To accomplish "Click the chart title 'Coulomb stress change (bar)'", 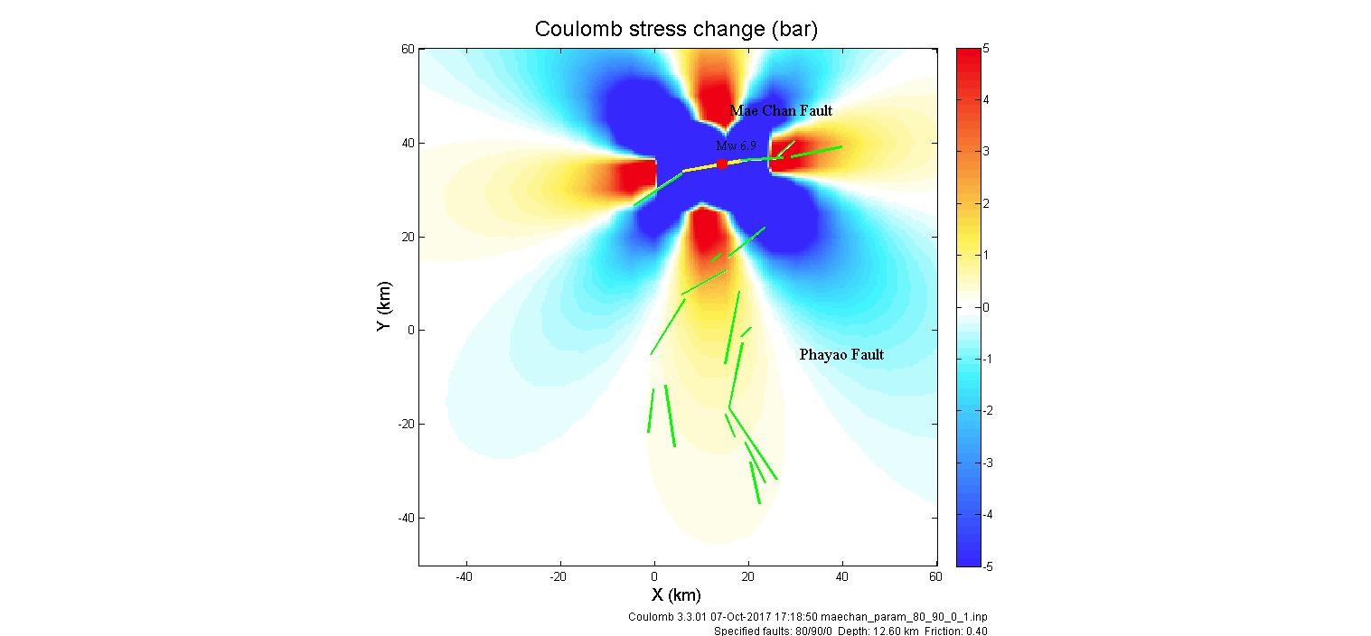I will tap(676, 29).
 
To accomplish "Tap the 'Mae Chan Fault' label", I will tap(781, 110).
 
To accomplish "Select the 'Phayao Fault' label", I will tap(841, 355).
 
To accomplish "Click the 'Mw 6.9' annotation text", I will tap(736, 145).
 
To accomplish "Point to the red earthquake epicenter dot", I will tap(722, 164).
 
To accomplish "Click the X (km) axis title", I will tap(676, 595).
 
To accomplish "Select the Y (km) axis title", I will tap(383, 308).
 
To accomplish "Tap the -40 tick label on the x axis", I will tap(465, 575).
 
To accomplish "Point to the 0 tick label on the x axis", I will tap(654, 575).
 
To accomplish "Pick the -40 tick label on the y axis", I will tap(403, 518).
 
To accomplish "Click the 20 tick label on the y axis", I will tap(408, 237).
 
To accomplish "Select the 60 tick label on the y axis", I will tap(408, 50).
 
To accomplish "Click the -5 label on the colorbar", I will tap(987, 566).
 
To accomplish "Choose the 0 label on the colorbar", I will tap(986, 308).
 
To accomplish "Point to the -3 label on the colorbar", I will tap(987, 463).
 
